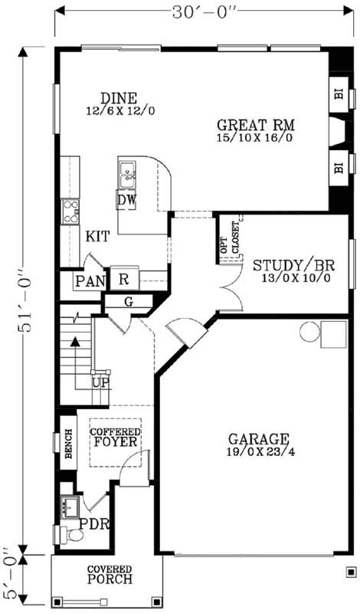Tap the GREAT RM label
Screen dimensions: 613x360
(256, 125)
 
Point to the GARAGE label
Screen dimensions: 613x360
(258, 440)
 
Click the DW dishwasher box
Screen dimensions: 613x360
(126, 200)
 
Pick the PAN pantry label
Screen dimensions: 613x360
(90, 281)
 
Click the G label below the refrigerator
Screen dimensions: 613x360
(128, 302)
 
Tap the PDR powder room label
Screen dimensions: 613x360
(98, 525)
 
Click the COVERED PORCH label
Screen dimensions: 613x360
(109, 574)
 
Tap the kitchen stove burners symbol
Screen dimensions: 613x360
(70, 211)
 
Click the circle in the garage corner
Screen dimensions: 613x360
(309, 331)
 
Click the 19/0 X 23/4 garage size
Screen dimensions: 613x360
(258, 453)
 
